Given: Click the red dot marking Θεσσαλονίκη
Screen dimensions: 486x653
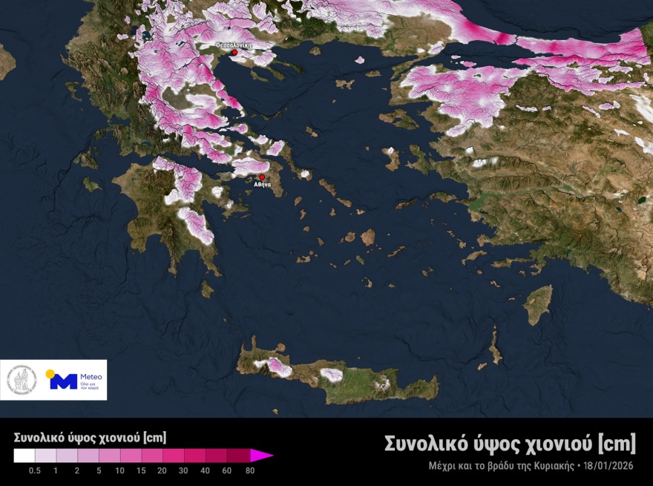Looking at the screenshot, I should click(234, 53).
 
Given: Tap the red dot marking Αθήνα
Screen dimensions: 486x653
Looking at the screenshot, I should click(261, 177).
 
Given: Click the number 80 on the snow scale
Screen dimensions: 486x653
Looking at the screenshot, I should click(250, 470).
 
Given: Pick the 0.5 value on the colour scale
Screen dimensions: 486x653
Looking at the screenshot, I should click(34, 470).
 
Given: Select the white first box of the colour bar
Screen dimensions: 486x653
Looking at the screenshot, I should click(24, 455).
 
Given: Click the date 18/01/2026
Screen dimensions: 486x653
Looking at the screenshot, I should click(609, 466).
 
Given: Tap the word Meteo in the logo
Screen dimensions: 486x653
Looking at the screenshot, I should click(91, 376).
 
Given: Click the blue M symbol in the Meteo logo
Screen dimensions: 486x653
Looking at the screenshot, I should click(64, 381).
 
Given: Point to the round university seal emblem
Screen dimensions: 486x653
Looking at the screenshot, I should click(22, 380).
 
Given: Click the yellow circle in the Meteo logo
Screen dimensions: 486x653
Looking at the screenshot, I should click(50, 374).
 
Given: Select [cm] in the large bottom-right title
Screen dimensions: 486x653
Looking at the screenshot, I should click(617, 444).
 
